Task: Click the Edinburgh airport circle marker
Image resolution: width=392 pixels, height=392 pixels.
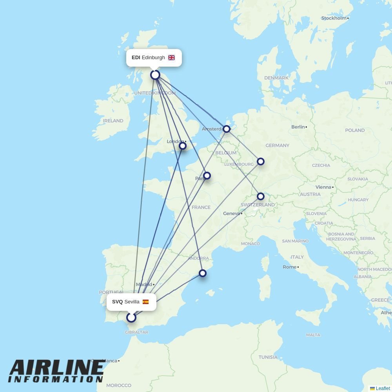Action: click(x=155, y=75)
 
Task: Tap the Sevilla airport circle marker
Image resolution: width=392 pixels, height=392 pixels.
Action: click(x=131, y=317)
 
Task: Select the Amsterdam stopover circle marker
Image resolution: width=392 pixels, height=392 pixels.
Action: click(x=227, y=129)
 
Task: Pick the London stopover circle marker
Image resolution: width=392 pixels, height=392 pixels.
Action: click(x=183, y=146)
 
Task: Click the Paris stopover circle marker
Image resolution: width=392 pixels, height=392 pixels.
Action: click(x=207, y=176)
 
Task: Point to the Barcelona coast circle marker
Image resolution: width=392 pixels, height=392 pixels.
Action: click(x=203, y=273)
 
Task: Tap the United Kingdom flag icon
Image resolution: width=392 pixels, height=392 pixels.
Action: click(x=171, y=58)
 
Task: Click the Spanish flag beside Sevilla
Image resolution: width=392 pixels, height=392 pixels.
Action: click(x=145, y=302)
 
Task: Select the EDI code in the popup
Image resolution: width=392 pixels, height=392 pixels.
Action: click(x=136, y=58)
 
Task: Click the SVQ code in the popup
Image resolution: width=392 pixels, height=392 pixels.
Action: click(x=117, y=302)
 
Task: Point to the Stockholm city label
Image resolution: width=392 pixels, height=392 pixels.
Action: click(x=334, y=18)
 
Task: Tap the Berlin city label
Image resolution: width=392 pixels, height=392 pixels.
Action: click(x=298, y=127)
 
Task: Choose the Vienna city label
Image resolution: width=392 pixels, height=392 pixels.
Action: click(x=323, y=187)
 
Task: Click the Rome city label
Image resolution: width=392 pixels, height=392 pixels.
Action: click(x=289, y=267)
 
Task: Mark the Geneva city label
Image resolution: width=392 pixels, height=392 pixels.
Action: click(x=231, y=214)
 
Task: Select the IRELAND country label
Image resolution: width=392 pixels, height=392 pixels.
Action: click(x=113, y=121)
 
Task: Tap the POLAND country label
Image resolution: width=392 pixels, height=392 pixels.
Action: click(x=355, y=130)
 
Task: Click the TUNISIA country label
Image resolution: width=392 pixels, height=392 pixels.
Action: click(x=268, y=357)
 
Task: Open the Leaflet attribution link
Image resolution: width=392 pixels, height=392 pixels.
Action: click(x=383, y=388)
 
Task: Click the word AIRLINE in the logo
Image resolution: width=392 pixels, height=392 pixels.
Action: click(x=56, y=368)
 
